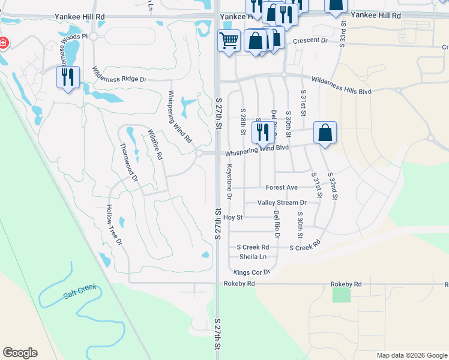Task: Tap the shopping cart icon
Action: coord(229,41)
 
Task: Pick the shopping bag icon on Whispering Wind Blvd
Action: coord(325,133)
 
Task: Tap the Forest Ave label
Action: coord(286,187)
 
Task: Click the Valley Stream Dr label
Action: coord(282,203)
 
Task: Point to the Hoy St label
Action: coord(232,217)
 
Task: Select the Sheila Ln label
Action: coord(253,256)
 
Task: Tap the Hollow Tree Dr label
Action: coord(114,225)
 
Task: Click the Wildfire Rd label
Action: coord(155,144)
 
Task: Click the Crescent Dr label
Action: coord(311,41)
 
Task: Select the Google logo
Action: coord(20,353)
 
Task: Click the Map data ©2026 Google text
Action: coord(411,355)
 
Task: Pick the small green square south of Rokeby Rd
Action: coord(341,295)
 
